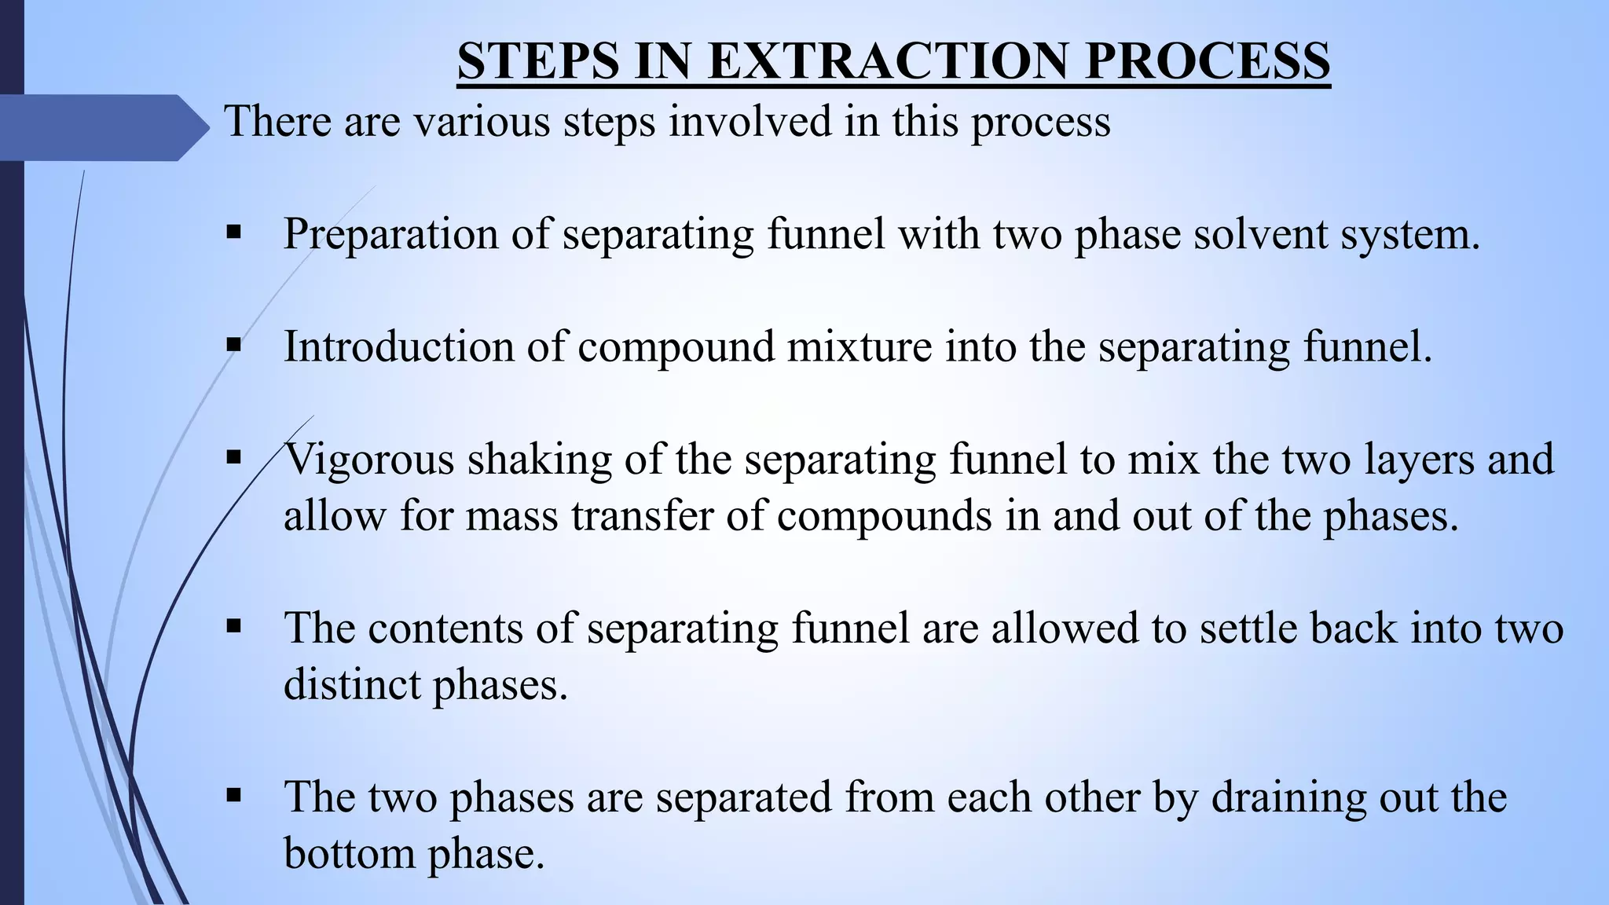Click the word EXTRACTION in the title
pyautogui.click(x=887, y=60)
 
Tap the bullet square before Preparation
pyautogui.click(x=233, y=233)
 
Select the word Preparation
pyautogui.click(x=390, y=234)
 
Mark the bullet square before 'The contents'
pyautogui.click(x=233, y=626)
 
